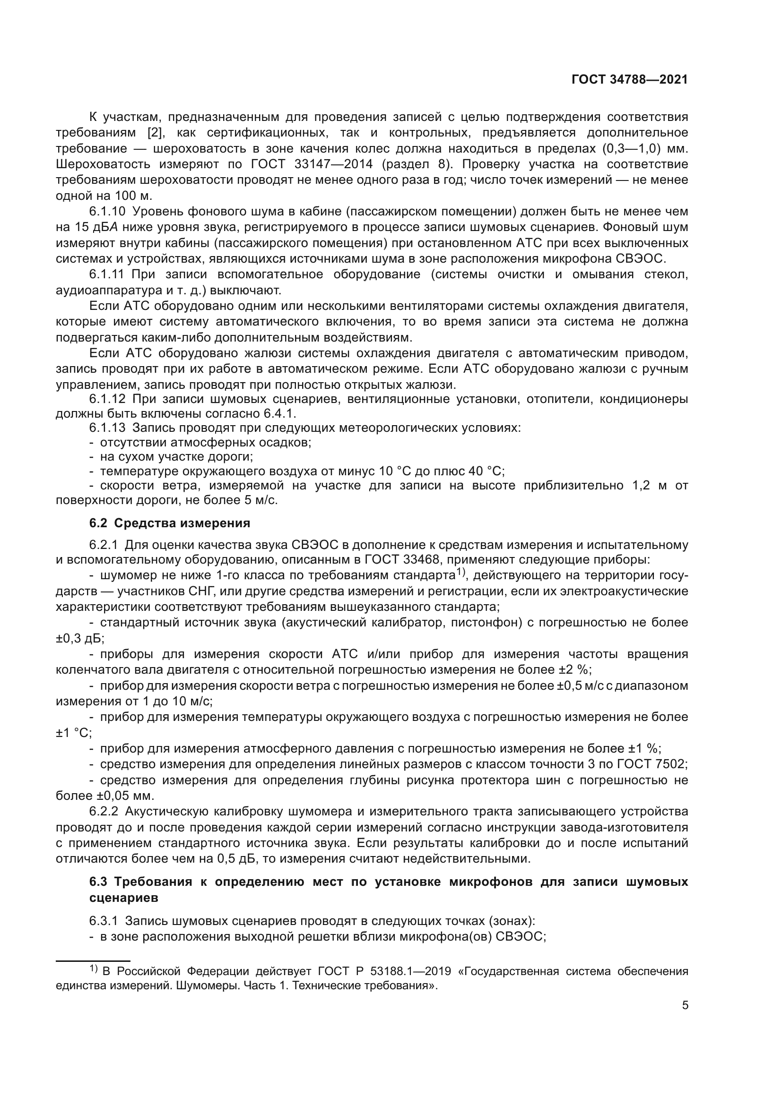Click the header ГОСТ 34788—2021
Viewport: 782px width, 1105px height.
[629, 79]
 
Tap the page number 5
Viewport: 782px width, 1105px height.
[685, 1005]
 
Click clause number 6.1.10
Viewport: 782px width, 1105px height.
[107, 211]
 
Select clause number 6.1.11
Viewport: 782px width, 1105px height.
[107, 274]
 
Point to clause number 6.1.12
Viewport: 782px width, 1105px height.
[107, 399]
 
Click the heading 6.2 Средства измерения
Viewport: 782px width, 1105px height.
[170, 523]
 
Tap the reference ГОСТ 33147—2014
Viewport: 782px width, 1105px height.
[312, 164]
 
